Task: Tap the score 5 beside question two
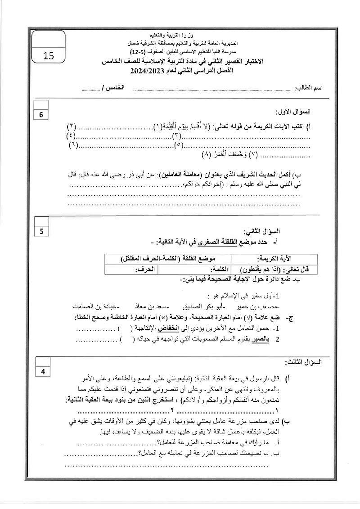coord(41,231)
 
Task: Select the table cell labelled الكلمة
coord(220,269)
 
